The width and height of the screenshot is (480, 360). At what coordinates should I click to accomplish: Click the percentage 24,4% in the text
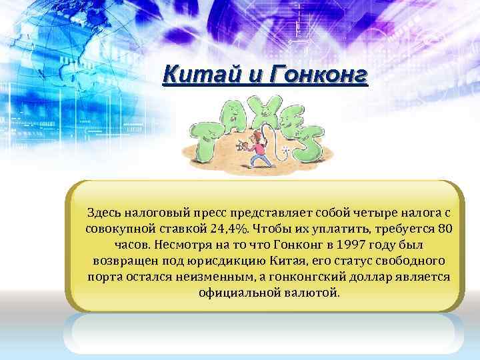[227, 229]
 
